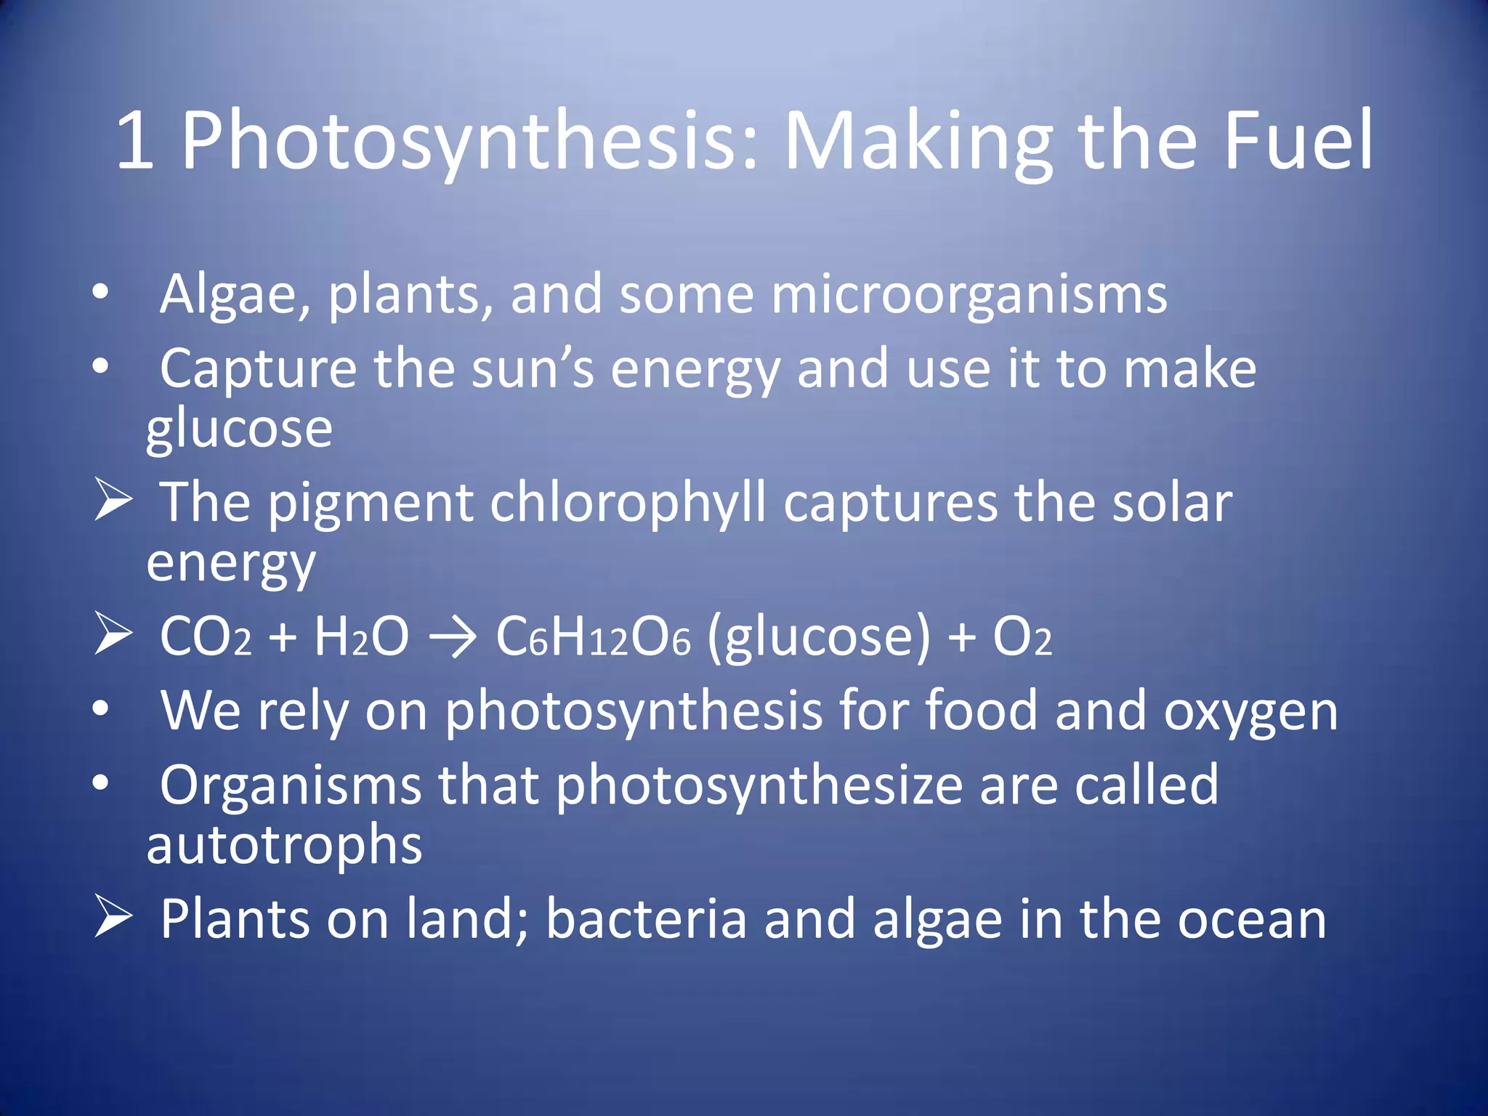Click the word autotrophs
pyautogui.click(x=284, y=846)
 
